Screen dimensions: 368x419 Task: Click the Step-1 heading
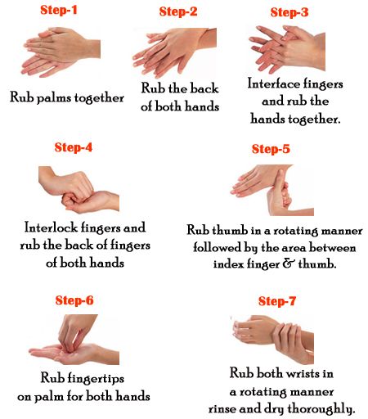[59, 10]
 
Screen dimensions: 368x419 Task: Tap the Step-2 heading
[178, 11]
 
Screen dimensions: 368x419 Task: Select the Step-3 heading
[289, 12]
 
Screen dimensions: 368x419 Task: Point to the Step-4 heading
[74, 147]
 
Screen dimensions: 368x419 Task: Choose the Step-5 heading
[271, 149]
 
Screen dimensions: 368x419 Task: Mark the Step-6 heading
[74, 300]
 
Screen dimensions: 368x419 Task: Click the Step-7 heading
[277, 301]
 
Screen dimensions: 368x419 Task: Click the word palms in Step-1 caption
[54, 98]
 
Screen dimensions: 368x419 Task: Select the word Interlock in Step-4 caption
[51, 228]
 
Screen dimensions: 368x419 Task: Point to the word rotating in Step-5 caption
[295, 231]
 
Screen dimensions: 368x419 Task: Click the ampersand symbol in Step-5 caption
[289, 264]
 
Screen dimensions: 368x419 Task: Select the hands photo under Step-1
[61, 52]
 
